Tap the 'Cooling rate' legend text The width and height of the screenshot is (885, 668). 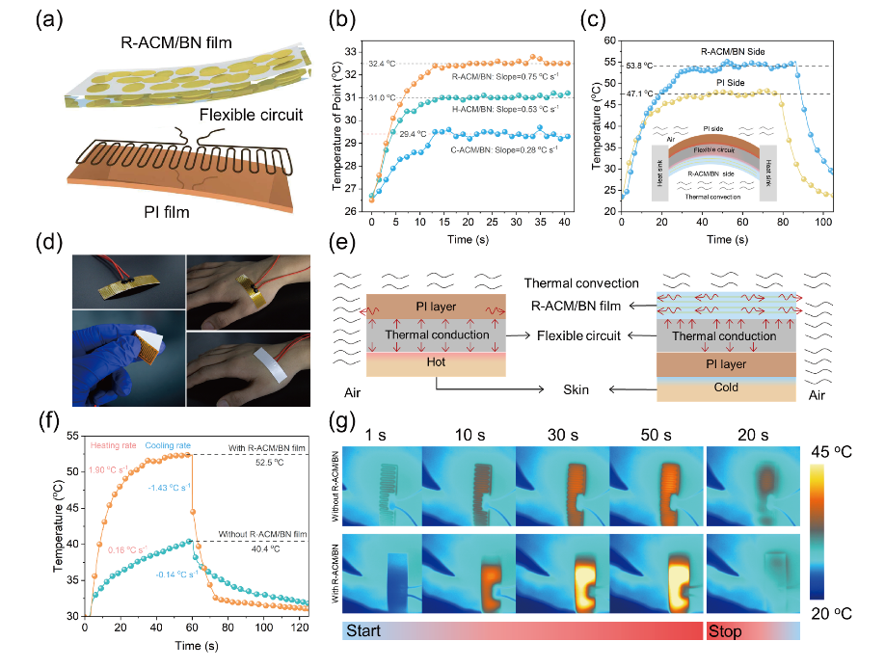(169, 445)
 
